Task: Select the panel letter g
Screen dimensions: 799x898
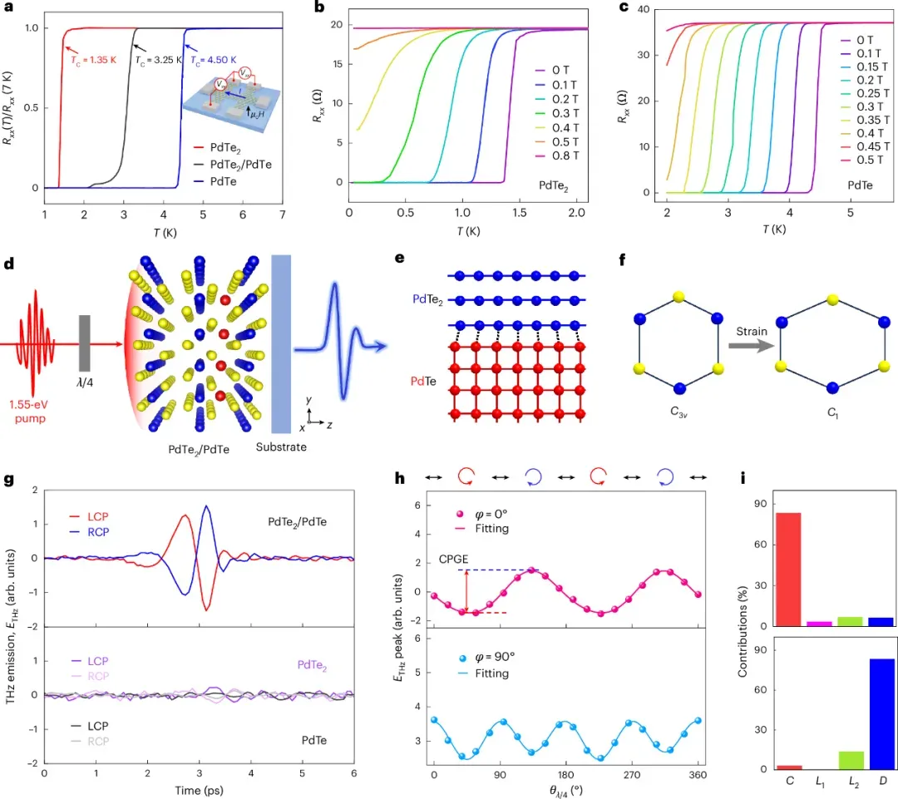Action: pyautogui.click(x=9, y=480)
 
